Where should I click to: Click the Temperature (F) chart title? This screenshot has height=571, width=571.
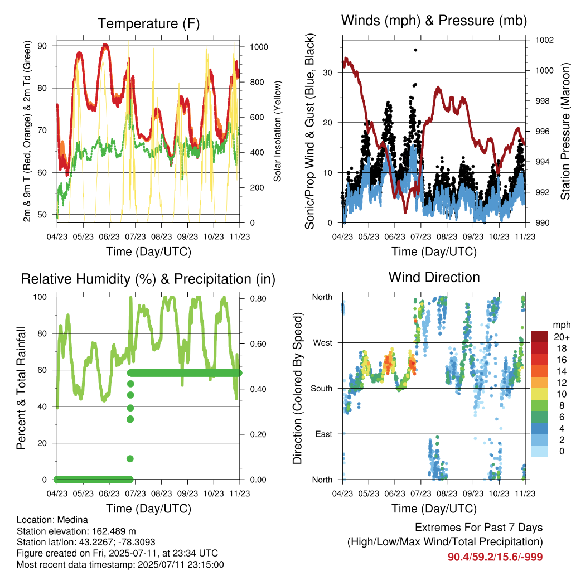[148, 23]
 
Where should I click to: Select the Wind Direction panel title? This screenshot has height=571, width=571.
[434, 277]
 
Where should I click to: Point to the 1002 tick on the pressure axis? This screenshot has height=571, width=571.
[544, 40]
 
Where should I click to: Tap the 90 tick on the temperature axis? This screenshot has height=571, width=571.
[42, 46]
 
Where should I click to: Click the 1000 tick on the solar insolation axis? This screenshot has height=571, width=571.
[259, 47]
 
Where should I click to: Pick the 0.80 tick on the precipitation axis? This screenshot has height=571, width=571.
[258, 299]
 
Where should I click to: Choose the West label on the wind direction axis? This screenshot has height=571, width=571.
[323, 343]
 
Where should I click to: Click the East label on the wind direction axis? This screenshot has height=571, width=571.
[324, 434]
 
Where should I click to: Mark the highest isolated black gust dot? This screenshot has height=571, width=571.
[415, 50]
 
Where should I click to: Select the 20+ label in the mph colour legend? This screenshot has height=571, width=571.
[562, 337]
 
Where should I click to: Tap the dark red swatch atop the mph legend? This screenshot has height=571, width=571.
[540, 337]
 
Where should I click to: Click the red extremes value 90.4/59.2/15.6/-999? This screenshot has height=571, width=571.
[495, 557]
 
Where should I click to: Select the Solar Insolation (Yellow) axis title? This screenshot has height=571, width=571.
[278, 131]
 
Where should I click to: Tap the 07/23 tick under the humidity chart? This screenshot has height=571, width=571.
[135, 493]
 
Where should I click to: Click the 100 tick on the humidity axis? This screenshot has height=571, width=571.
[40, 297]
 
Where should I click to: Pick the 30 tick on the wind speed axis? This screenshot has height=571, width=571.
[328, 72]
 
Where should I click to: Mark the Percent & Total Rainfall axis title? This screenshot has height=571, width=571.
[21, 388]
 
